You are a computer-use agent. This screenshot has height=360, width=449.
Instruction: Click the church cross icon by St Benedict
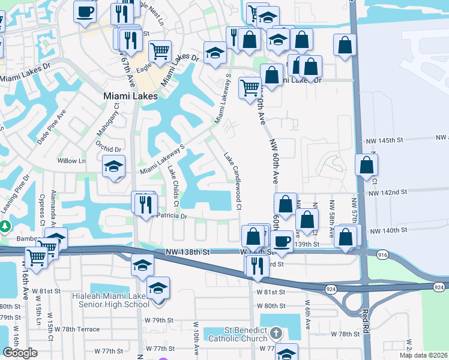[x=276, y=332]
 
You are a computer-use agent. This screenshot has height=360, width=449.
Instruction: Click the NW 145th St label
[x=385, y=140]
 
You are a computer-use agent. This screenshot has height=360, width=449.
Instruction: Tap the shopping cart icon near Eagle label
[x=160, y=52]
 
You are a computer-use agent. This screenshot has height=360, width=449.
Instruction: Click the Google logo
[x=20, y=353]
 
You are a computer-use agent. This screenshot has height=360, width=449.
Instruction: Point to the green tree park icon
[x=5, y=227]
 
